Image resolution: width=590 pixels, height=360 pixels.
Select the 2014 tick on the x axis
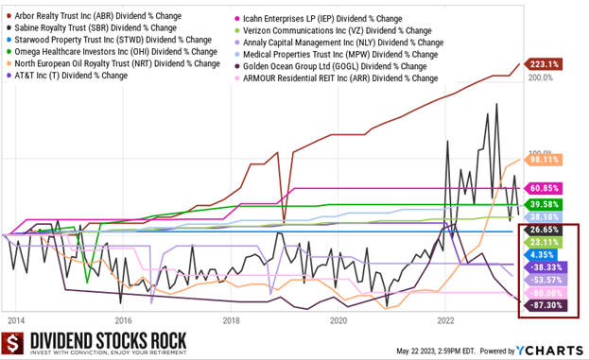click(15, 321)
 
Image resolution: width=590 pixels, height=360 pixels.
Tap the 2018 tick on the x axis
click(232, 321)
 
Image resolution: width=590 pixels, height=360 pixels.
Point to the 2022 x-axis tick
click(448, 321)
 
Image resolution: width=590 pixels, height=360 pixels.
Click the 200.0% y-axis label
click(541, 77)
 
